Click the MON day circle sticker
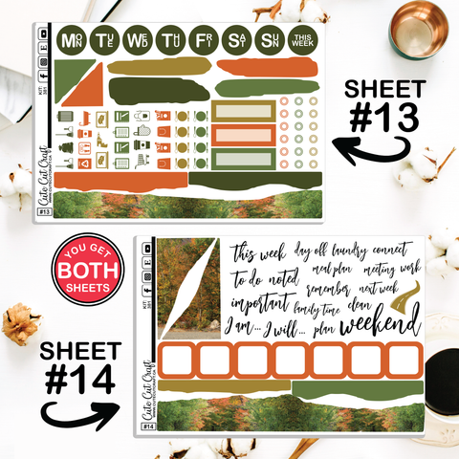tap(72, 41)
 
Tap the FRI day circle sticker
tap(202, 41)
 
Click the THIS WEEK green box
tap(301, 41)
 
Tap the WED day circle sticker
tap(137, 41)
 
